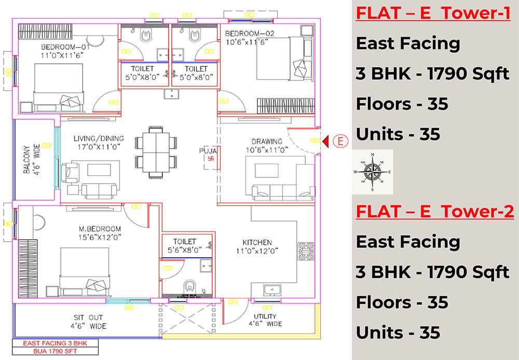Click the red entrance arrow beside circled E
pyautogui.click(x=326, y=141)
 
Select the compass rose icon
pyautogui.click(x=372, y=172)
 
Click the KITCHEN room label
pyautogui.click(x=257, y=242)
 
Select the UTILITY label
pyautogui.click(x=265, y=316)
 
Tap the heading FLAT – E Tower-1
pyautogui.click(x=433, y=13)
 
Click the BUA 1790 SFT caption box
pyautogui.click(x=58, y=351)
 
